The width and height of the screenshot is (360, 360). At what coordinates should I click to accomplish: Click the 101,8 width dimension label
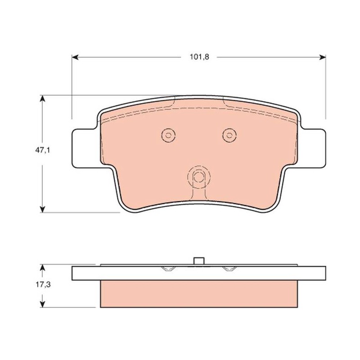click(x=199, y=57)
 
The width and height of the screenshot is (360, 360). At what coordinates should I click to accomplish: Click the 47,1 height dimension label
click(x=42, y=150)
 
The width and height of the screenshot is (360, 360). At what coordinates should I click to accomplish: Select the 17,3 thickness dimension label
click(x=43, y=285)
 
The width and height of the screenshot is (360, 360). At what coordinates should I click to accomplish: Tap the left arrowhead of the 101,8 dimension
click(x=75, y=57)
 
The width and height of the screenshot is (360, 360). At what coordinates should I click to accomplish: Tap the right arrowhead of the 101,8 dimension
click(x=323, y=57)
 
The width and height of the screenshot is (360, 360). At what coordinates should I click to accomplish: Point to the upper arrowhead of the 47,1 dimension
click(x=42, y=99)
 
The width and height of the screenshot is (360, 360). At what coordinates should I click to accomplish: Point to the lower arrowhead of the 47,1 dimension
click(x=42, y=209)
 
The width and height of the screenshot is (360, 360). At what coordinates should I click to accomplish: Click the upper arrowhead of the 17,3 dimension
click(x=42, y=268)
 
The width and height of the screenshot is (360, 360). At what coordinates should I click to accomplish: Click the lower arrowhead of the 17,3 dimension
click(x=42, y=304)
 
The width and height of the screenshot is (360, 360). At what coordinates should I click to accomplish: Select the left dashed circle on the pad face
click(x=168, y=128)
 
